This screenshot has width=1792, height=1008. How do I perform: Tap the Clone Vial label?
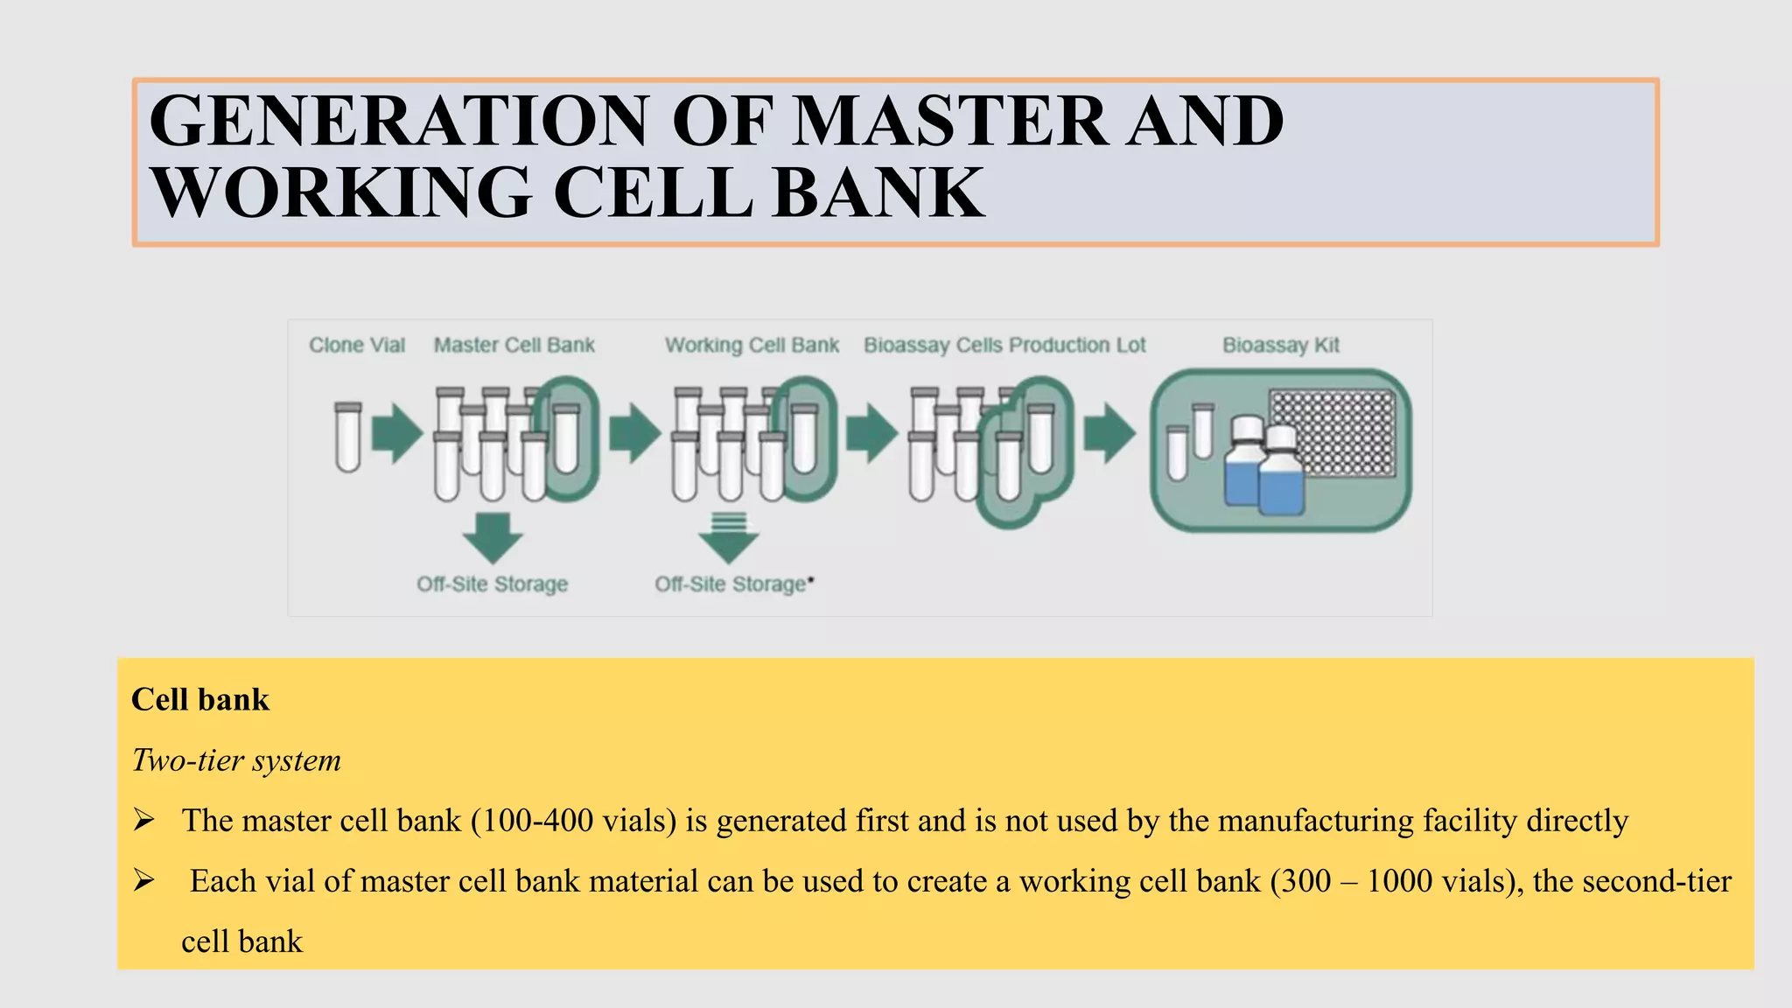[x=356, y=345]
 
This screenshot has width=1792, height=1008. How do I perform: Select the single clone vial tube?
[x=347, y=437]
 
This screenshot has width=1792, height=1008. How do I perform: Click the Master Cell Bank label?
[x=514, y=345]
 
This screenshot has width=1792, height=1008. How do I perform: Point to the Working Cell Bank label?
[x=752, y=345]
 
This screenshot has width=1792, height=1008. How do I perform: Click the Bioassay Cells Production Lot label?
[x=1004, y=345]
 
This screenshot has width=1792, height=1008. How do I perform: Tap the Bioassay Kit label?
[x=1280, y=345]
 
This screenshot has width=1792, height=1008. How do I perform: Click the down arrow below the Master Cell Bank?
[x=492, y=537]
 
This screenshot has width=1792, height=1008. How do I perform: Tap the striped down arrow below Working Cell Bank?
[x=728, y=537]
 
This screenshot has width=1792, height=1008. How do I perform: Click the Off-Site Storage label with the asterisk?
[x=733, y=584]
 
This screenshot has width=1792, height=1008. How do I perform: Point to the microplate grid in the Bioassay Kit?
[x=1332, y=433]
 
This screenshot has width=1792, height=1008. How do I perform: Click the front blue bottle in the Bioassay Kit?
[x=1281, y=472]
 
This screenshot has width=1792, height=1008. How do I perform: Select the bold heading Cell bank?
[x=200, y=699]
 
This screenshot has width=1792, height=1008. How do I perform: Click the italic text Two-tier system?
[x=236, y=759]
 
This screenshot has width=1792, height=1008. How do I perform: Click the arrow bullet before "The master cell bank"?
[x=143, y=821]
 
